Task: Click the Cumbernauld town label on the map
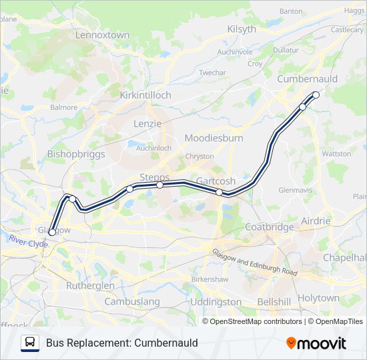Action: coord(308,79)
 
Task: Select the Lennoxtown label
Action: coord(102,34)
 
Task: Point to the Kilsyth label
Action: coord(242,29)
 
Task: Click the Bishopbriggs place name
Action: coord(76,153)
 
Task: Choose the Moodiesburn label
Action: coord(214,138)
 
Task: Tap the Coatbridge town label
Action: coord(270,227)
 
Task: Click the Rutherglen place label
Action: coord(91,285)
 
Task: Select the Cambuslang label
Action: coord(133,301)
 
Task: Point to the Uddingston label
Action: coord(216,301)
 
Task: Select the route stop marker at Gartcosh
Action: coord(220,192)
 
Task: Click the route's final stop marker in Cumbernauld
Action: coord(316,95)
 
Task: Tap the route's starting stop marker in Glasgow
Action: coord(52,233)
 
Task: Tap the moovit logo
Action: coord(316,343)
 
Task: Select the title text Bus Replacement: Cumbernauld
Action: coord(122,343)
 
